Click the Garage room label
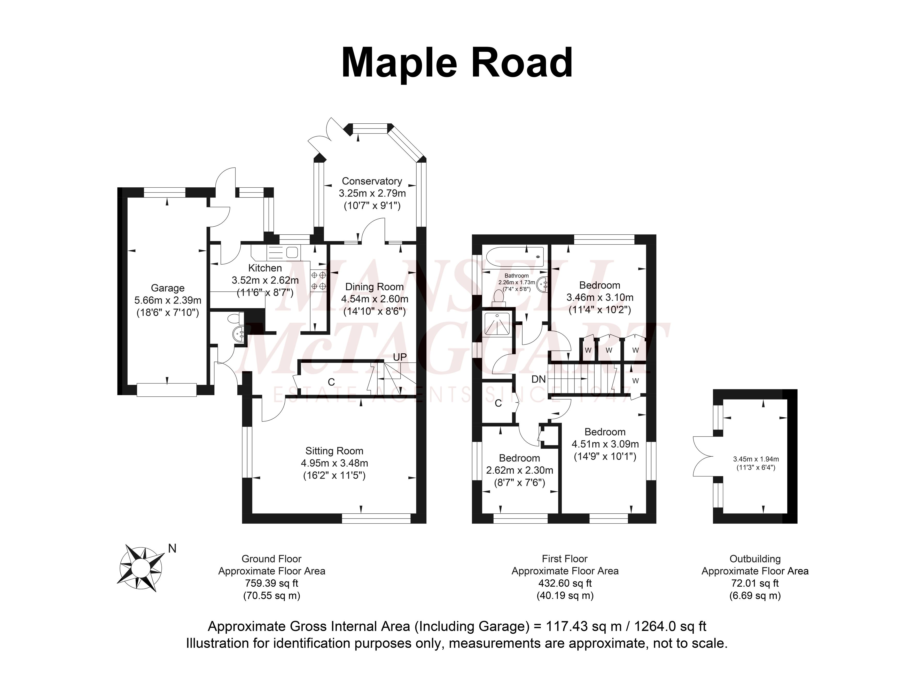point(168,288)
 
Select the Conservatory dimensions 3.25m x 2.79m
point(372,193)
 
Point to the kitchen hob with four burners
point(318,280)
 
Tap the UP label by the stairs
point(400,357)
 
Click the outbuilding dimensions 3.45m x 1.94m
point(755,459)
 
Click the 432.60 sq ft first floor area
point(564,583)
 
